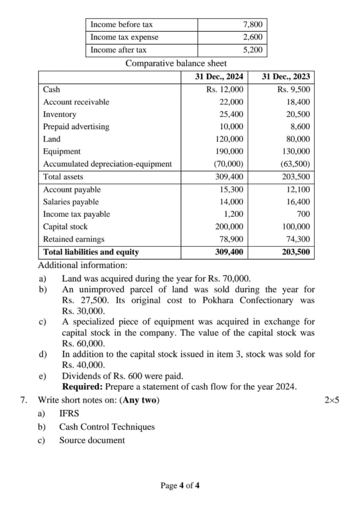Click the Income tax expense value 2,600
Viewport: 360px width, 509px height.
253,37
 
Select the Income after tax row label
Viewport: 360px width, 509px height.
118,50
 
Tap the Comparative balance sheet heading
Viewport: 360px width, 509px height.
176,64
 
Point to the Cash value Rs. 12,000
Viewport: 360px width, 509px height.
225,89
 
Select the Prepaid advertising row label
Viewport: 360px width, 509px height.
76,127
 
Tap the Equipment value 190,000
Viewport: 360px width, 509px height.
229,152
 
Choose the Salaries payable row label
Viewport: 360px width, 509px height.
71,202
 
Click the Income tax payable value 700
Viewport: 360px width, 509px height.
304,214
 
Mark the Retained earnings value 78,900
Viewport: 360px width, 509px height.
231,239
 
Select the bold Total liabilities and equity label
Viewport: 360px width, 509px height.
91,252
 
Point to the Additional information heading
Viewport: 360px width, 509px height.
83,265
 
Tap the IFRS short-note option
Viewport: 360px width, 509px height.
69,414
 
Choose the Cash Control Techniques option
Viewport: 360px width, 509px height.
107,427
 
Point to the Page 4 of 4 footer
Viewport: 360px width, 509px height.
180,486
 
